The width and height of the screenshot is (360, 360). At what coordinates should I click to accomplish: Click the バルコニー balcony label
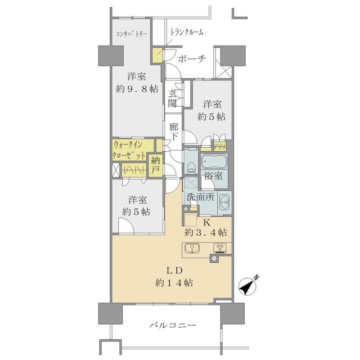173,325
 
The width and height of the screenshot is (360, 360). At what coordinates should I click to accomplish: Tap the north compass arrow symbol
248,285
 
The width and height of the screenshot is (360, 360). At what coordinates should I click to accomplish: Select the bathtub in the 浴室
214,162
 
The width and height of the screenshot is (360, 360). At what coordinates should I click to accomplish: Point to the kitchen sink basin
192,248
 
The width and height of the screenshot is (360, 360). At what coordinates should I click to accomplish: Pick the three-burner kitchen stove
220,248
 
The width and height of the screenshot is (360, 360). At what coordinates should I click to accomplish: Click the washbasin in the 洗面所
224,202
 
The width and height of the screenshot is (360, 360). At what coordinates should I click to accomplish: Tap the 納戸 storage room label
155,166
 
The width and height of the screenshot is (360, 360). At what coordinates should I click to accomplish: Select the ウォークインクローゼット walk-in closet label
129,151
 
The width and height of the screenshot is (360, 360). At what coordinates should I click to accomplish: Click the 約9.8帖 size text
137,89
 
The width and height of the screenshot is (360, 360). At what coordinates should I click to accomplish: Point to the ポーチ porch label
192,59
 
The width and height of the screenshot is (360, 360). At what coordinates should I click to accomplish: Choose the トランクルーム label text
186,32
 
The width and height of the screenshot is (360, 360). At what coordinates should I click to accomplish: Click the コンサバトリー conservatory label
131,34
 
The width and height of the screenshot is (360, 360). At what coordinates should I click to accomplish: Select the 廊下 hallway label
174,132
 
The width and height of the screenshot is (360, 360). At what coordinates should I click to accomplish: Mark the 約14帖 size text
174,283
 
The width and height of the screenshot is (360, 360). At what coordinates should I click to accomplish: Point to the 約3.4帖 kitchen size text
206,233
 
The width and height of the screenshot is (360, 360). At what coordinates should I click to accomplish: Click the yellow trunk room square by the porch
158,55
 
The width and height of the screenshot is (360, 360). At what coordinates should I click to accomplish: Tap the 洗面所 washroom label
200,197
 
